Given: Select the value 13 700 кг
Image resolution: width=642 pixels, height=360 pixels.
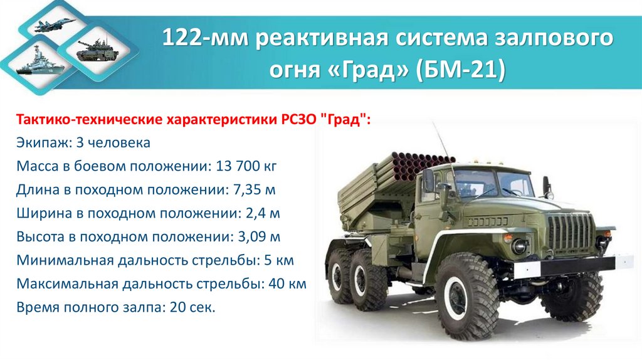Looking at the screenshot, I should tap(246, 166).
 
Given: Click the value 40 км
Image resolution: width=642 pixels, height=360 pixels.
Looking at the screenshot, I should tap(287, 284).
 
